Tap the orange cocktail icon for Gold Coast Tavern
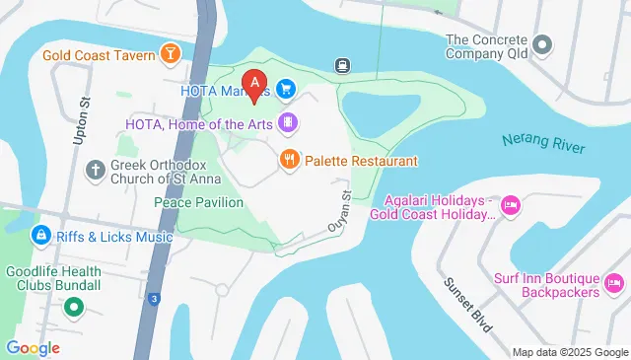[x=171, y=52]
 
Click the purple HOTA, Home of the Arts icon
[x=288, y=123]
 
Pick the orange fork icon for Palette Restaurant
[x=289, y=160]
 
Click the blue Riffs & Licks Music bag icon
[x=40, y=236]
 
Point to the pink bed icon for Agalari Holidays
[x=510, y=205]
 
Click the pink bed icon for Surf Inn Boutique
[x=613, y=284]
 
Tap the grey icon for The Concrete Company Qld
[x=541, y=45]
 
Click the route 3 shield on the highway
[x=155, y=298]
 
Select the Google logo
[x=32, y=347]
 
